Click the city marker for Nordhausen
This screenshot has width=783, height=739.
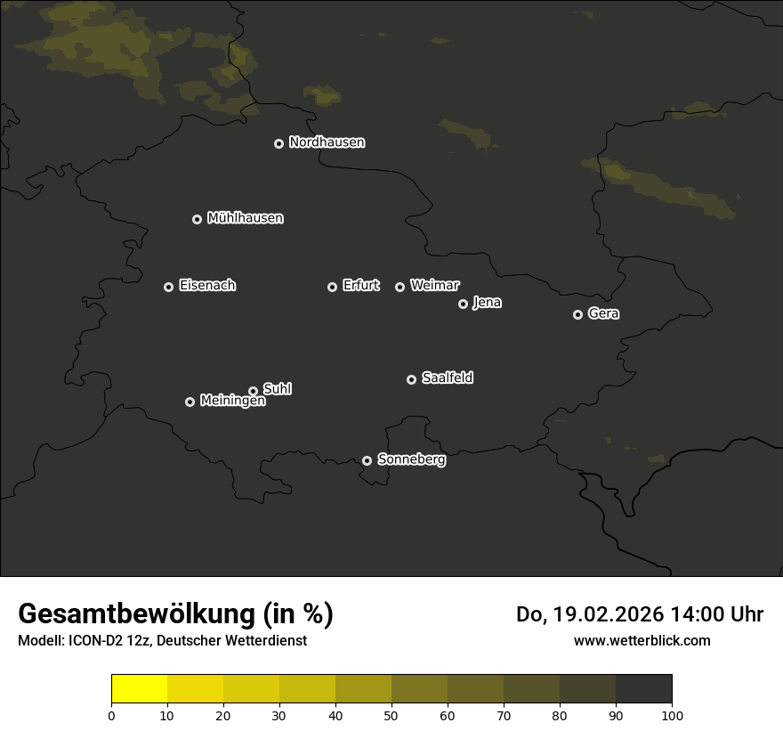coord(278,143)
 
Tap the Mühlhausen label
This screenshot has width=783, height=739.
coord(245,218)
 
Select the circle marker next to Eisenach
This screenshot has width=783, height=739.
coord(168,287)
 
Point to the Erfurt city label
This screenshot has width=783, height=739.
coord(360,286)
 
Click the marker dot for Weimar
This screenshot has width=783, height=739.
coord(400,287)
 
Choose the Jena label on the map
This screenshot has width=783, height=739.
coord(487,303)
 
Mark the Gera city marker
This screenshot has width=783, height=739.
coord(577,314)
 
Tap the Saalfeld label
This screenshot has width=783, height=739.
coord(447,378)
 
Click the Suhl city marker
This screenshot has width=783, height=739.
coord(253,391)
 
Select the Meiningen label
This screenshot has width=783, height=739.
coord(232,402)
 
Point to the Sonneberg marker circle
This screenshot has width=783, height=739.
coord(367,460)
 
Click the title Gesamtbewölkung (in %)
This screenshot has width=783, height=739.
coord(175,614)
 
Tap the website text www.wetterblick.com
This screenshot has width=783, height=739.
coord(642,641)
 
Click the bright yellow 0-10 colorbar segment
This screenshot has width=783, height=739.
coord(139,689)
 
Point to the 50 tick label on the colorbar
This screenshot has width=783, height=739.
coord(391,715)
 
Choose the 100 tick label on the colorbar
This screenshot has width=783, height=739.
coord(672,715)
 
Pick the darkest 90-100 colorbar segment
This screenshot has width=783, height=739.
coord(643,689)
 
